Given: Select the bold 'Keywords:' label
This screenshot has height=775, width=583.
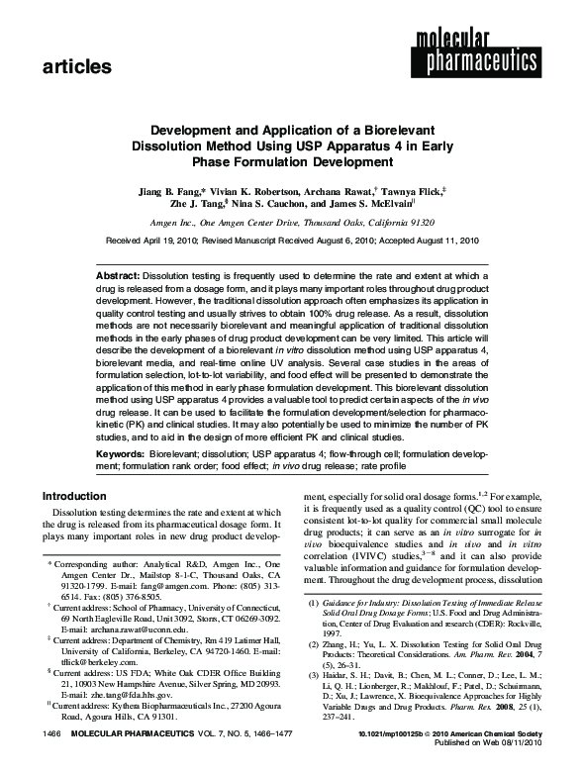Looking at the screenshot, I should coord(121,451).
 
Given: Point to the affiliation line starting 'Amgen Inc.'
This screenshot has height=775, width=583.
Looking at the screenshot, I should coord(290,223).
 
